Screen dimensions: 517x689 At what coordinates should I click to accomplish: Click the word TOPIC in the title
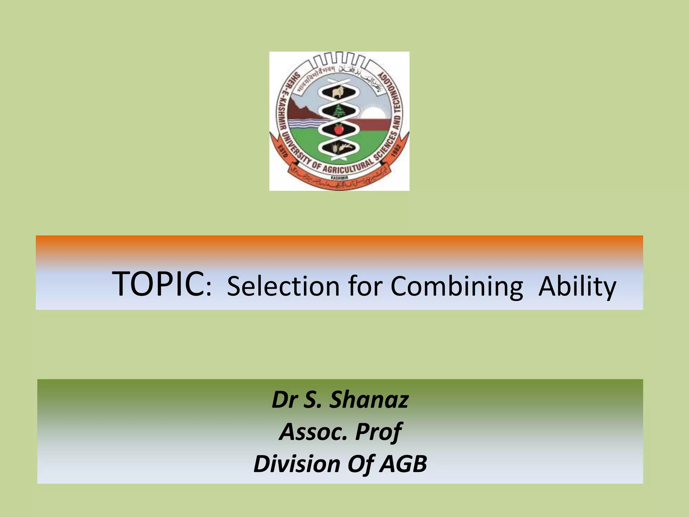coord(159,285)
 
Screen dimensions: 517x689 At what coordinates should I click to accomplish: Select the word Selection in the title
coord(283,286)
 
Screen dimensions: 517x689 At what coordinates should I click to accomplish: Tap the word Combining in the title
coord(457,287)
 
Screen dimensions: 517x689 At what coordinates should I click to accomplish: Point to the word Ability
coord(577,287)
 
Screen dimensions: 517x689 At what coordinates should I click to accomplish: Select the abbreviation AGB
coord(403,463)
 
